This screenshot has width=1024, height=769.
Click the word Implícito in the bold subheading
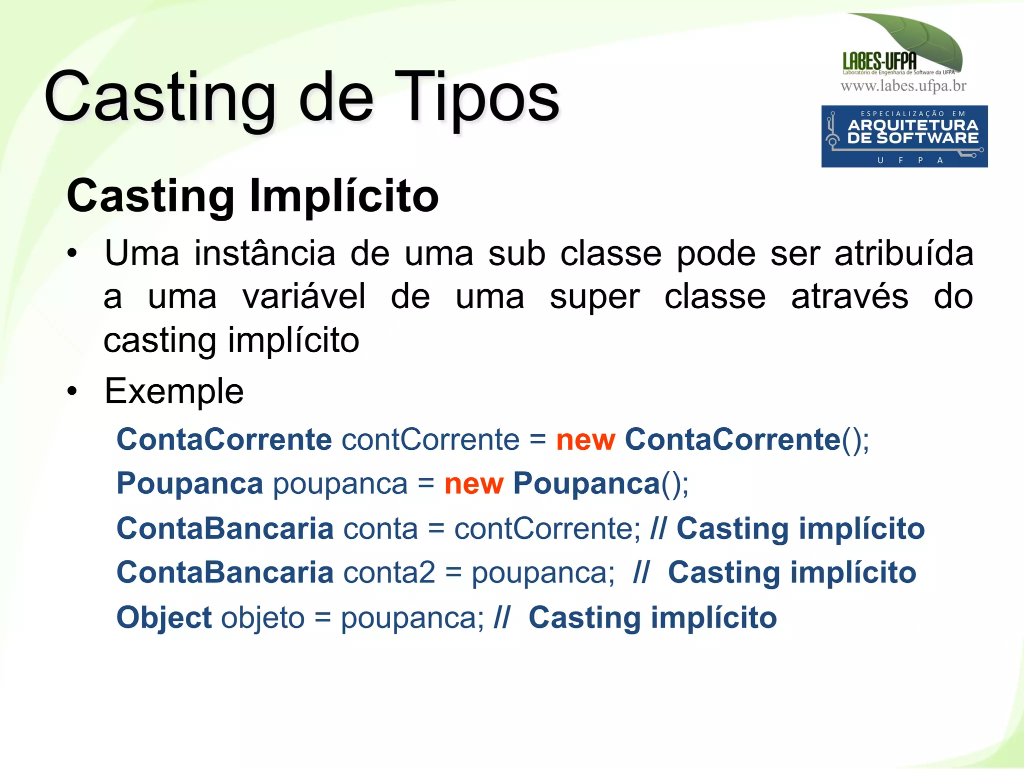pyautogui.click(x=344, y=196)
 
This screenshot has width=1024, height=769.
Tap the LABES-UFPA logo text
pyautogui.click(x=879, y=62)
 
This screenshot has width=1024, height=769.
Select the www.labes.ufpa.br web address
pyautogui.click(x=903, y=86)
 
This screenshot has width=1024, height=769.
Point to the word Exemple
pyautogui.click(x=174, y=391)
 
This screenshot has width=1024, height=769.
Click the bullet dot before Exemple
pyautogui.click(x=73, y=391)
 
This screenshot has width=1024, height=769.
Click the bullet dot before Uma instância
pyautogui.click(x=73, y=254)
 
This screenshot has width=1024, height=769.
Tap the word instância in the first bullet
pyautogui.click(x=265, y=254)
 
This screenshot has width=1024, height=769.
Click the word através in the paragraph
pyautogui.click(x=849, y=297)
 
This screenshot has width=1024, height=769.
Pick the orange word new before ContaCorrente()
pyautogui.click(x=585, y=440)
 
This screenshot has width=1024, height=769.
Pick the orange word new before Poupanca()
pyautogui.click(x=473, y=484)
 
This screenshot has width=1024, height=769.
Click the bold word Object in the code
pyautogui.click(x=164, y=617)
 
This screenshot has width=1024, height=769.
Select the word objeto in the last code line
pyautogui.click(x=263, y=617)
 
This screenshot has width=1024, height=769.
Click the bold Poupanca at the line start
pyautogui.click(x=189, y=484)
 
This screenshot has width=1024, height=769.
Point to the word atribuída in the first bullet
pyautogui.click(x=904, y=254)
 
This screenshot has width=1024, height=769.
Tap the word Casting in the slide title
pyautogui.click(x=160, y=98)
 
